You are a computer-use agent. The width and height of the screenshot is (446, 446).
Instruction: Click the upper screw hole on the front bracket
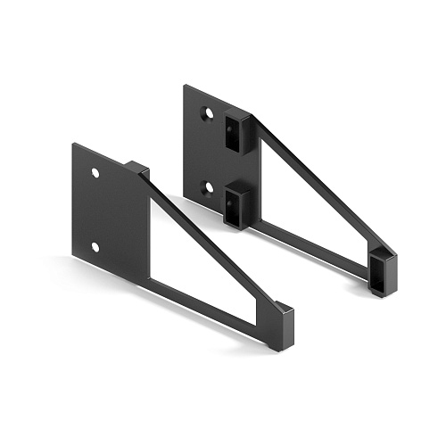(x=95, y=172)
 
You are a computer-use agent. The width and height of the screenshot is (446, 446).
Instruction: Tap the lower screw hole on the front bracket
(x=95, y=245)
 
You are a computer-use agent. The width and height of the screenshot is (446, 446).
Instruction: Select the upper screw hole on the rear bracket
(x=207, y=114)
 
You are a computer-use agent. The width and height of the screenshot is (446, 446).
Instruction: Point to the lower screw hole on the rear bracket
(x=207, y=187)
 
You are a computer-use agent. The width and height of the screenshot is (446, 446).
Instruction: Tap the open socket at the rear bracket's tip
(x=380, y=271)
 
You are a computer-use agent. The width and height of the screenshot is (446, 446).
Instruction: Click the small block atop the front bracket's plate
(x=136, y=167)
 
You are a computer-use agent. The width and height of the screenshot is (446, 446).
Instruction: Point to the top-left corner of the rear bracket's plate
(x=185, y=86)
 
